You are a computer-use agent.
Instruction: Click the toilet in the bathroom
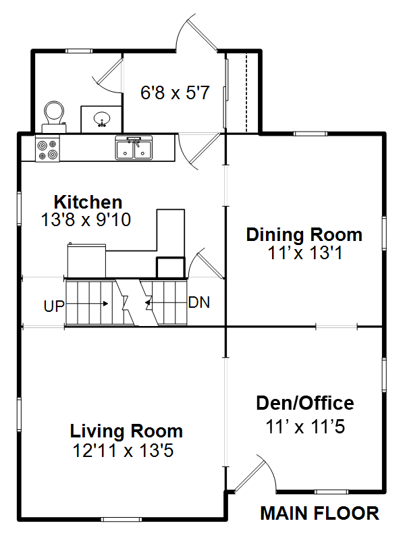click(x=54, y=117)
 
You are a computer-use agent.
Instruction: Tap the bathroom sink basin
click(x=102, y=119)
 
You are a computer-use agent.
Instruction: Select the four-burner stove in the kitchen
click(x=47, y=148)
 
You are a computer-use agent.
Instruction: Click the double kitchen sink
click(x=134, y=148)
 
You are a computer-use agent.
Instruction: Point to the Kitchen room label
click(x=88, y=202)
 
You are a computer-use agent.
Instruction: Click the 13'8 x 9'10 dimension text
click(x=86, y=220)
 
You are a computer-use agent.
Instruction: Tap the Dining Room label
click(x=304, y=235)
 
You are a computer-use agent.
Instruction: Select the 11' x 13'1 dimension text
click(x=305, y=252)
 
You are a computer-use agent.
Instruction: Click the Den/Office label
click(x=305, y=403)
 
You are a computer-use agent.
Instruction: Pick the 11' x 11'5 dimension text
click(x=305, y=427)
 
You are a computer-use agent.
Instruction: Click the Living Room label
click(x=126, y=431)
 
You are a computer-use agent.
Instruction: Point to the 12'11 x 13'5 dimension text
click(x=123, y=450)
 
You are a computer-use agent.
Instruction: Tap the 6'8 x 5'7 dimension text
click(x=175, y=92)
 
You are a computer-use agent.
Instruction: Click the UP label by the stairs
click(x=54, y=306)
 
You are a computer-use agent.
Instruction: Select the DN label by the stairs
click(x=199, y=302)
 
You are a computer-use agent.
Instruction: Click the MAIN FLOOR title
click(x=319, y=514)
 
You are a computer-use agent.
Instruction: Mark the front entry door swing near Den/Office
click(x=256, y=473)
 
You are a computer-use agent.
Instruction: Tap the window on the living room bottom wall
click(x=122, y=519)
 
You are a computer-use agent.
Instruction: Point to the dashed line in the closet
click(x=246, y=92)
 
